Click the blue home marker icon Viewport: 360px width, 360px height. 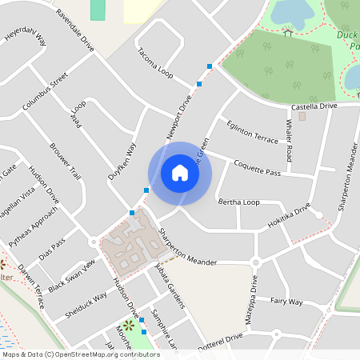[x=179, y=173]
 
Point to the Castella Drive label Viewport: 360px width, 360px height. [x=314, y=106]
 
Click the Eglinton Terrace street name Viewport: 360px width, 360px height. [x=252, y=130]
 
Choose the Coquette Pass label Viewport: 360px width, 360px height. [x=257, y=167]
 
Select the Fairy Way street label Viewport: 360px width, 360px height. [x=286, y=302]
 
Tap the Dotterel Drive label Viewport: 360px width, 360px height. [x=220, y=340]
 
